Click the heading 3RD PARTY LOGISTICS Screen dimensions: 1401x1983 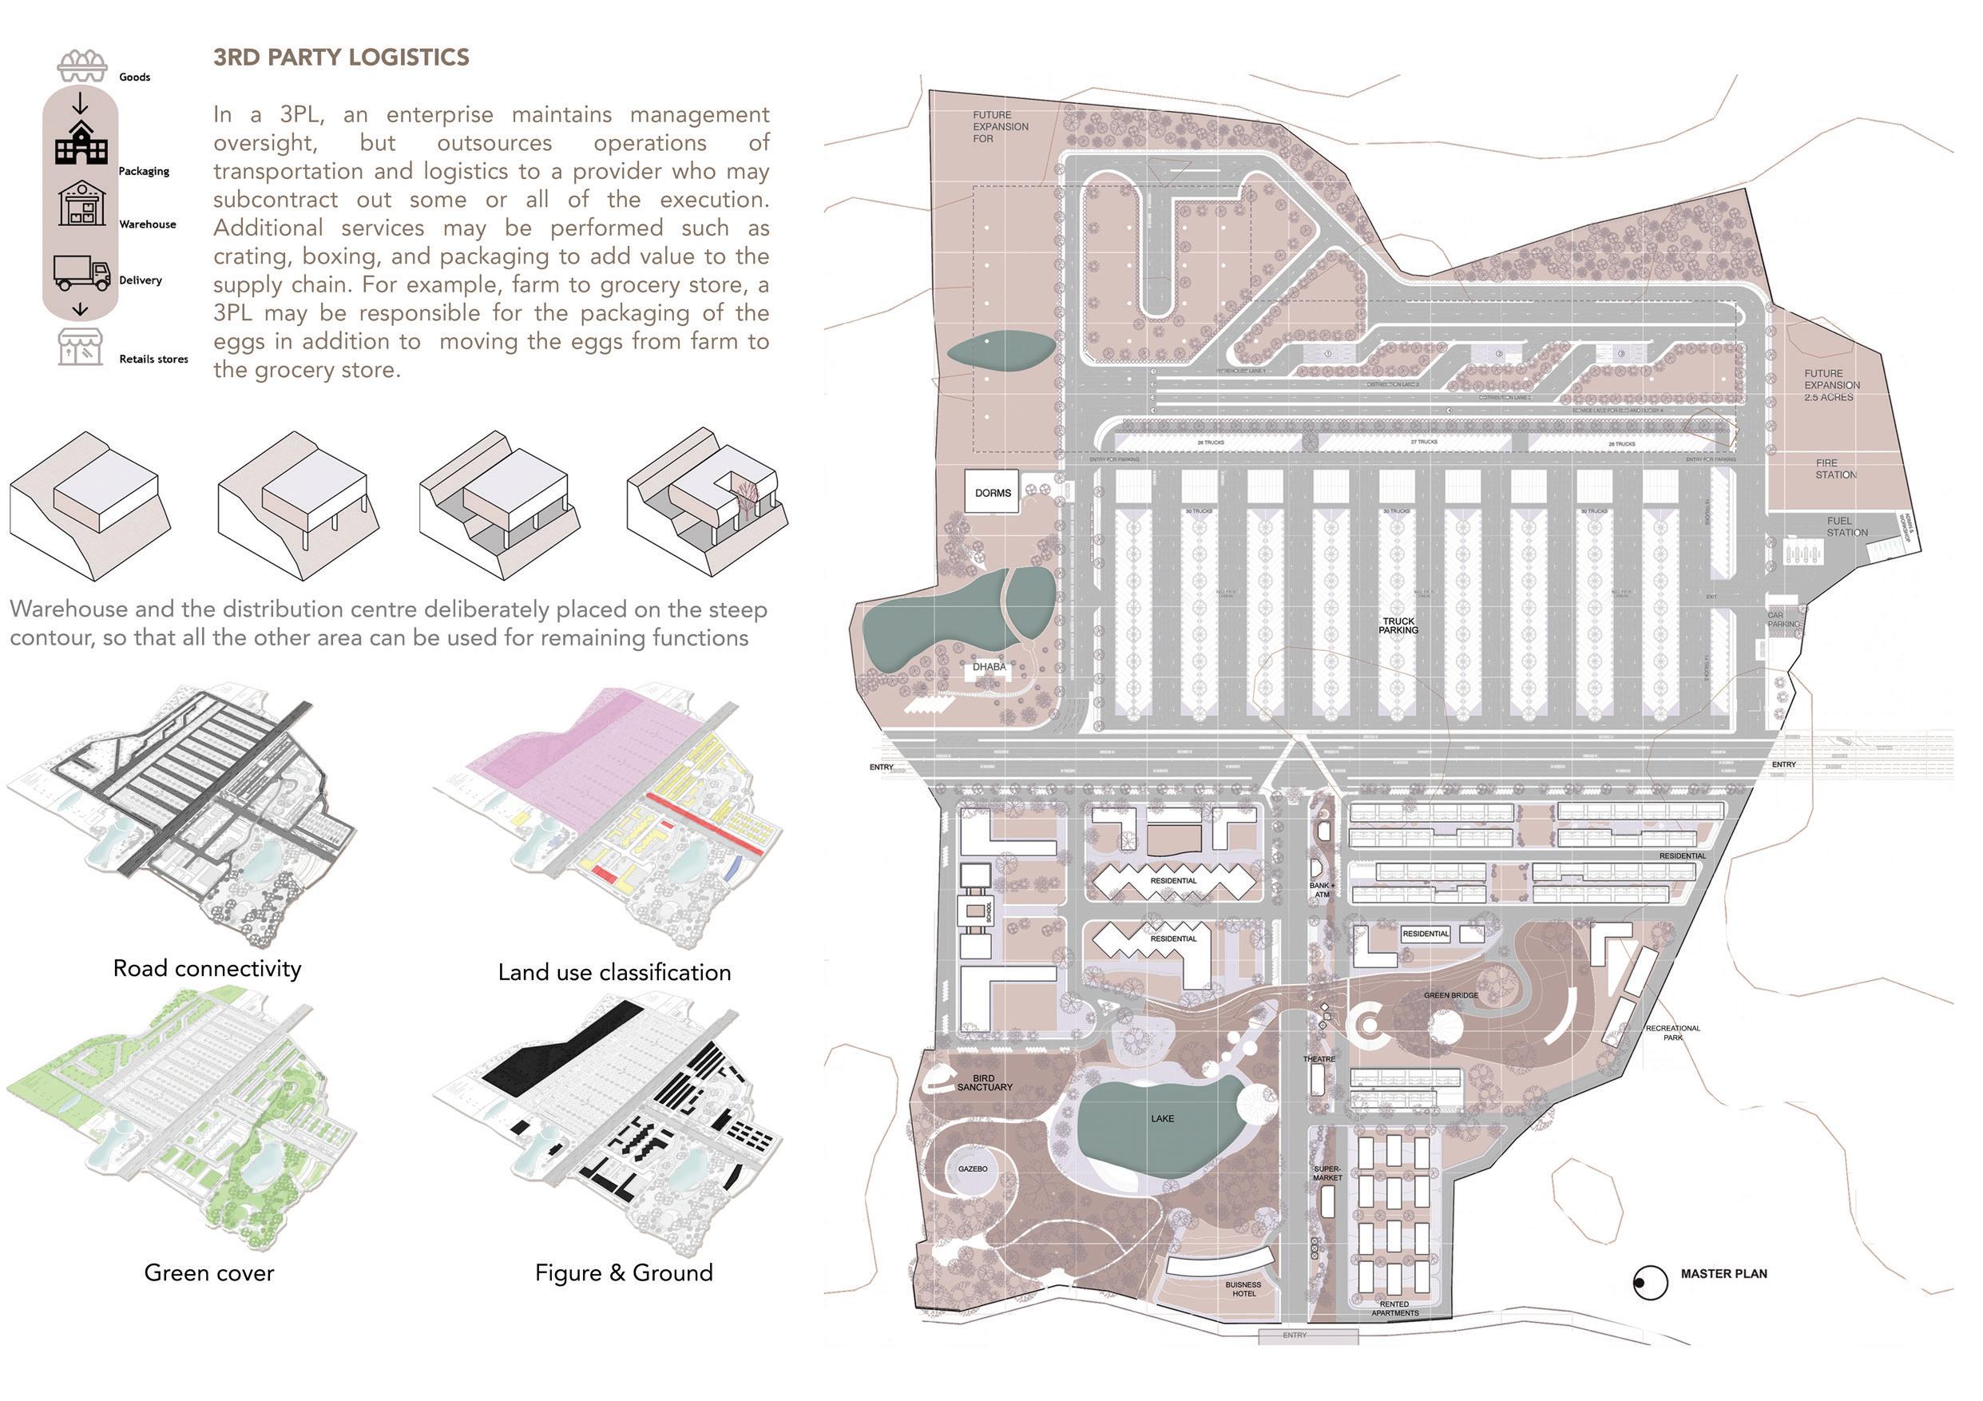(341, 58)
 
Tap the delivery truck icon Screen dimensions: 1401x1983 (82, 273)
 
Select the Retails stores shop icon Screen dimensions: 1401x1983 (81, 347)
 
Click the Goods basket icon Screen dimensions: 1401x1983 (82, 65)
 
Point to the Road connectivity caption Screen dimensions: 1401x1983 (208, 968)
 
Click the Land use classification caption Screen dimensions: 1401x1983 (614, 973)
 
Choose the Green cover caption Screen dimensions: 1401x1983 (209, 1272)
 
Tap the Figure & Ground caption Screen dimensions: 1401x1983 (624, 1272)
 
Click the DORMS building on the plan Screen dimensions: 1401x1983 (993, 492)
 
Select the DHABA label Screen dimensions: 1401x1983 (989, 667)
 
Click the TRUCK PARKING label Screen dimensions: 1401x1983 (1398, 625)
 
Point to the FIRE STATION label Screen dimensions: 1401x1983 (1836, 469)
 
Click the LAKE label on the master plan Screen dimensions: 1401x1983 (1163, 1118)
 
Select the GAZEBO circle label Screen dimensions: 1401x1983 (973, 1169)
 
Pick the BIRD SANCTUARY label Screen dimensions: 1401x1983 (985, 1083)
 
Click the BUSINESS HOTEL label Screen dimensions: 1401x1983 (1243, 1288)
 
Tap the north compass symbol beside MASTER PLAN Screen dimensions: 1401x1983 (1650, 1283)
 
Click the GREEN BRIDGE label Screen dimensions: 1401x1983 (1451, 995)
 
